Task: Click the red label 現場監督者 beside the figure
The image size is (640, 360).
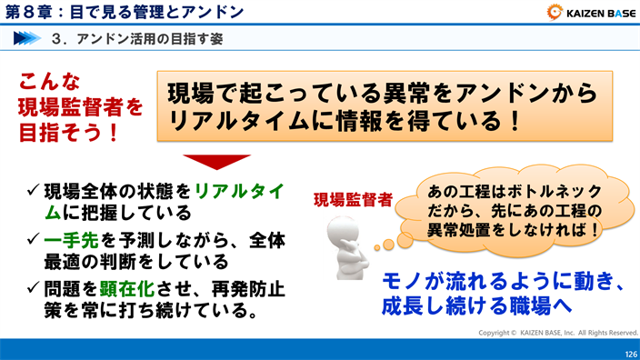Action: point(353,200)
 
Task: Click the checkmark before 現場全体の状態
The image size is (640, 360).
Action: point(33,191)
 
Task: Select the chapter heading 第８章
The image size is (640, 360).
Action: point(34,12)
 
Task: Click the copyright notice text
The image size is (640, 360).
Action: point(558,333)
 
